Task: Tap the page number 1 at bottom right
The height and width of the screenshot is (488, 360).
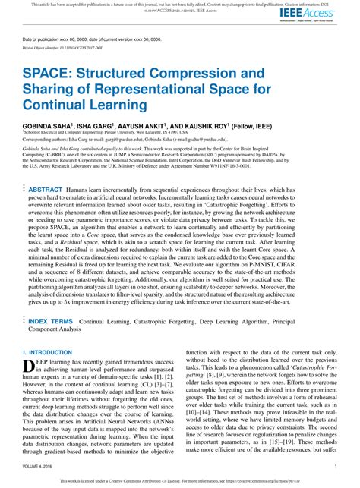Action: [335, 467]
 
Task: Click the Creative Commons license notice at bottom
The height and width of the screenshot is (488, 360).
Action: [180, 480]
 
